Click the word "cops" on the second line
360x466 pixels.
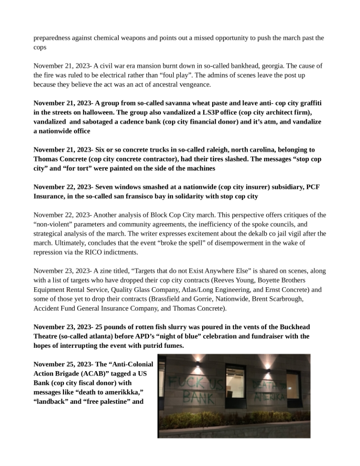[40, 47]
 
